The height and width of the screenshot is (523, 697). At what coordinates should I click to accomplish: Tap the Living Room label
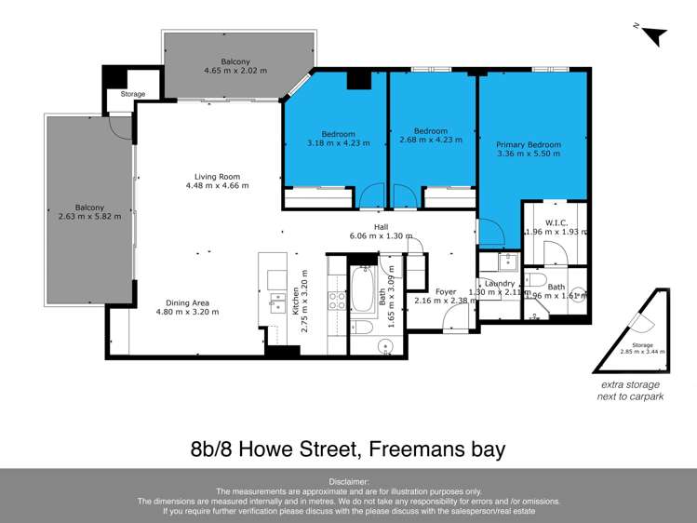[x=217, y=176]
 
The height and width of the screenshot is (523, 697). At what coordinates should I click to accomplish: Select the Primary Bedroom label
[x=529, y=144]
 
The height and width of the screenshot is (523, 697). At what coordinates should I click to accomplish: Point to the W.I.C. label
[x=557, y=222]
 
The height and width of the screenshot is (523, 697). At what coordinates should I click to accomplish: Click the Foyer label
[x=445, y=291]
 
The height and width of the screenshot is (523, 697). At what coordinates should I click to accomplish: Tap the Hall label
[x=381, y=226]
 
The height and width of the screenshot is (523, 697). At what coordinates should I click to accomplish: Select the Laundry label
[x=500, y=283]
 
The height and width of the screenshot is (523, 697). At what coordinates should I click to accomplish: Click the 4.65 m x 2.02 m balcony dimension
[x=235, y=71]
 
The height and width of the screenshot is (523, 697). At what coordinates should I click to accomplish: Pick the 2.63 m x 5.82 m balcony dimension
[x=90, y=216]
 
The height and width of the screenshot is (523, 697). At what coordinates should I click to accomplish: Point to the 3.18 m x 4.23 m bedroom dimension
[x=338, y=143]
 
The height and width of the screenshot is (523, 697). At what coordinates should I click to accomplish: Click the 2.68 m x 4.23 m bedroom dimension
[x=430, y=141]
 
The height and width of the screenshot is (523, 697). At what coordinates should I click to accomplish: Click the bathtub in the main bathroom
[x=361, y=289]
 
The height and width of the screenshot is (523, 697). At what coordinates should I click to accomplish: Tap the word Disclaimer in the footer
[x=348, y=482]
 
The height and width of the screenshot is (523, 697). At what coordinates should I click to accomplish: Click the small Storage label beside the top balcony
[x=133, y=94]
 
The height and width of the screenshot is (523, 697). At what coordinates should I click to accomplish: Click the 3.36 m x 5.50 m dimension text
[x=529, y=154]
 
